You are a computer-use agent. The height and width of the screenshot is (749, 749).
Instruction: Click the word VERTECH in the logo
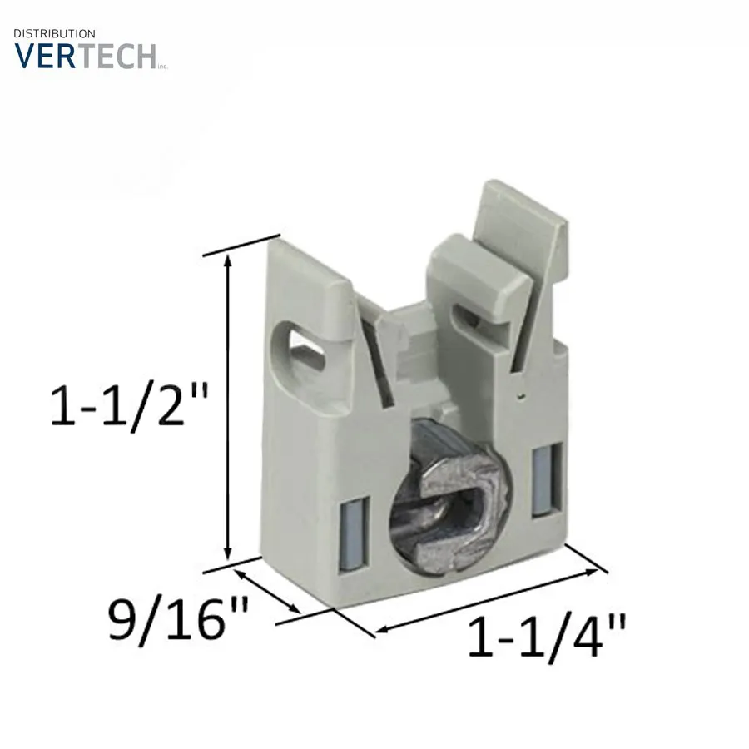click(x=86, y=56)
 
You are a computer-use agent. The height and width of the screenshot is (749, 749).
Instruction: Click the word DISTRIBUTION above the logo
click(x=54, y=34)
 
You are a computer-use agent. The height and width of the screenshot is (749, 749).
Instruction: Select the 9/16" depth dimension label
click(x=178, y=619)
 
